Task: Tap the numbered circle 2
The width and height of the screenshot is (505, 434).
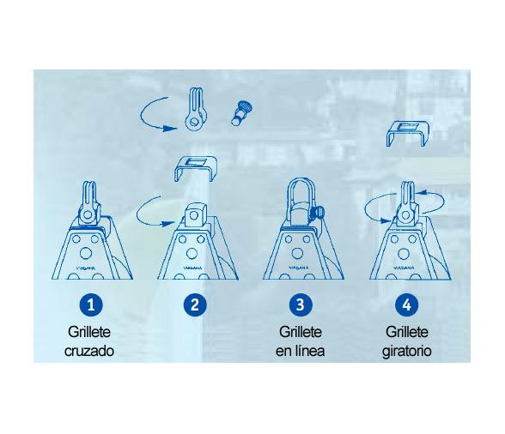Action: [x=196, y=304]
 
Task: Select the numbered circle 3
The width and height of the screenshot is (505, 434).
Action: [x=301, y=304]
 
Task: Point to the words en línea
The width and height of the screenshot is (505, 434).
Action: [x=301, y=351]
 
